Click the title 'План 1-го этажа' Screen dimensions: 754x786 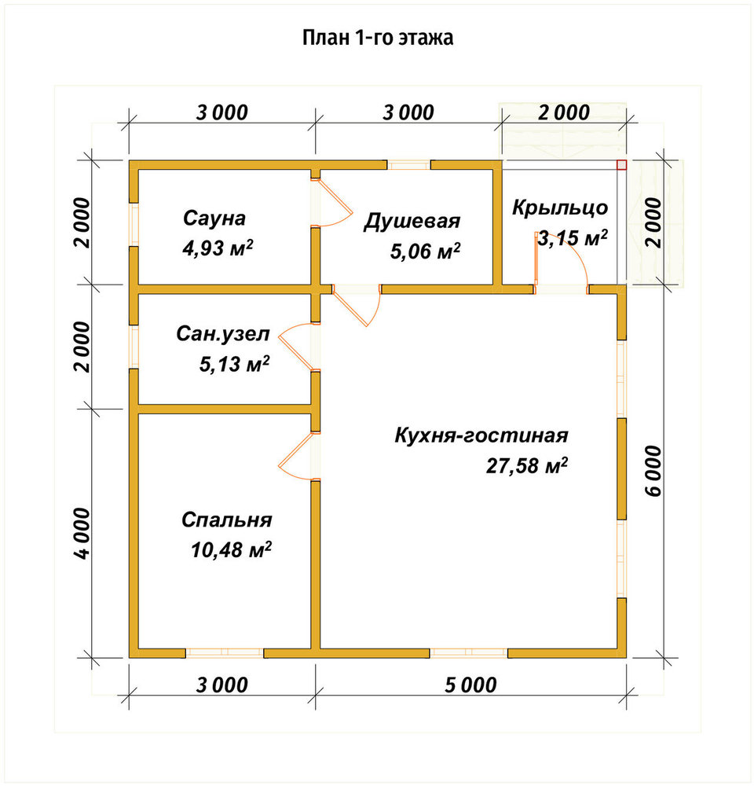378,38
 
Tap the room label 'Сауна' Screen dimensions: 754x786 214,218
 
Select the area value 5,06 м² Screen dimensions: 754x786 426,251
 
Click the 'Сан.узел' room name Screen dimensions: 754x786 223,334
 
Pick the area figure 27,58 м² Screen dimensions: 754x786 526,465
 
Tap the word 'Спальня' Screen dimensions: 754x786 226,520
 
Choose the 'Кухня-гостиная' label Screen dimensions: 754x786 481,435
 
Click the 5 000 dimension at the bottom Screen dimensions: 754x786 470,685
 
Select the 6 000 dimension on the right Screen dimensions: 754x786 653,471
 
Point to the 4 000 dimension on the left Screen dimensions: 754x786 82,534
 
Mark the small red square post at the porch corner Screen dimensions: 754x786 621,165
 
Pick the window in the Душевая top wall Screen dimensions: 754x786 409,165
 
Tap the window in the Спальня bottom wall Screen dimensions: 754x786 225,652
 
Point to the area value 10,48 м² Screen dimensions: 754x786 231,550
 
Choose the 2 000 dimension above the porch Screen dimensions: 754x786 564,112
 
